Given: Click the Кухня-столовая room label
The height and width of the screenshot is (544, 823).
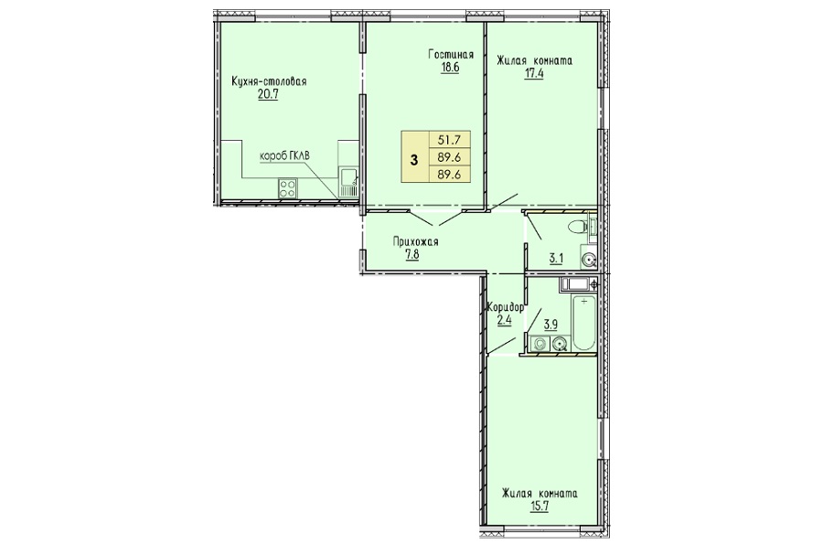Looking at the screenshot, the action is tap(269, 82).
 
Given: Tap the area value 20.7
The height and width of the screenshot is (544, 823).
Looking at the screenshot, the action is tap(267, 94).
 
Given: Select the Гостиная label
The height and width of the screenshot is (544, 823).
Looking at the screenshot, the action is tap(451, 55).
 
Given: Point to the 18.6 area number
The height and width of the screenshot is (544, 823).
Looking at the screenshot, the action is tap(450, 69).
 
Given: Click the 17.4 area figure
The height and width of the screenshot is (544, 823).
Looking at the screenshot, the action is tap(534, 73).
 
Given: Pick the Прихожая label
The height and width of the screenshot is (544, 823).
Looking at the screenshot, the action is tap(416, 242).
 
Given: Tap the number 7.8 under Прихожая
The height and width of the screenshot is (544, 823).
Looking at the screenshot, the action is tap(412, 255).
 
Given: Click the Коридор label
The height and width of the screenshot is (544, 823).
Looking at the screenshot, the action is tap(506, 307).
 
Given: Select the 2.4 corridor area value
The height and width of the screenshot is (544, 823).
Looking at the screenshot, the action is tap(504, 320).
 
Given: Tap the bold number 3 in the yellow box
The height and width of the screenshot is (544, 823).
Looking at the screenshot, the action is tap(414, 160).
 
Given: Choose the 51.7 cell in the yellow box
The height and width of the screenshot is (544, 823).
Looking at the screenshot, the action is tap(449, 140).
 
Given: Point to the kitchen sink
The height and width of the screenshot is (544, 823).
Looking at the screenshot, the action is tap(347, 182).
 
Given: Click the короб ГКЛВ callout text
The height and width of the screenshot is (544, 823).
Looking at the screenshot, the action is tap(285, 156).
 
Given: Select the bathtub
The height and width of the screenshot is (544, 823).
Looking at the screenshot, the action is tap(583, 323).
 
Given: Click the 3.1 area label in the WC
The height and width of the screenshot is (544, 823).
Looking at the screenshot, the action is tap(556, 258).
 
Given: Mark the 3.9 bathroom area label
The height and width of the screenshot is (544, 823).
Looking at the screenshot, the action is tap(550, 325).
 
